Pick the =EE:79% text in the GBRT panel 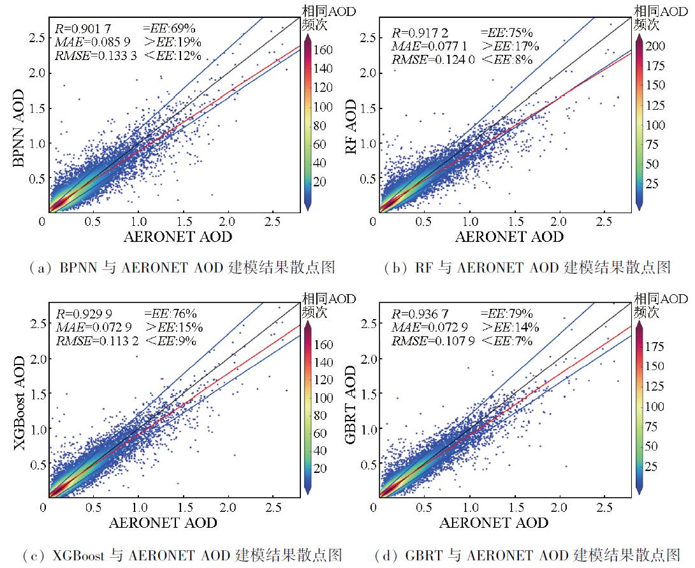coord(508,313)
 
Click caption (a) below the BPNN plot coord(173,267)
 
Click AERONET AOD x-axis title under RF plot coord(509,237)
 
